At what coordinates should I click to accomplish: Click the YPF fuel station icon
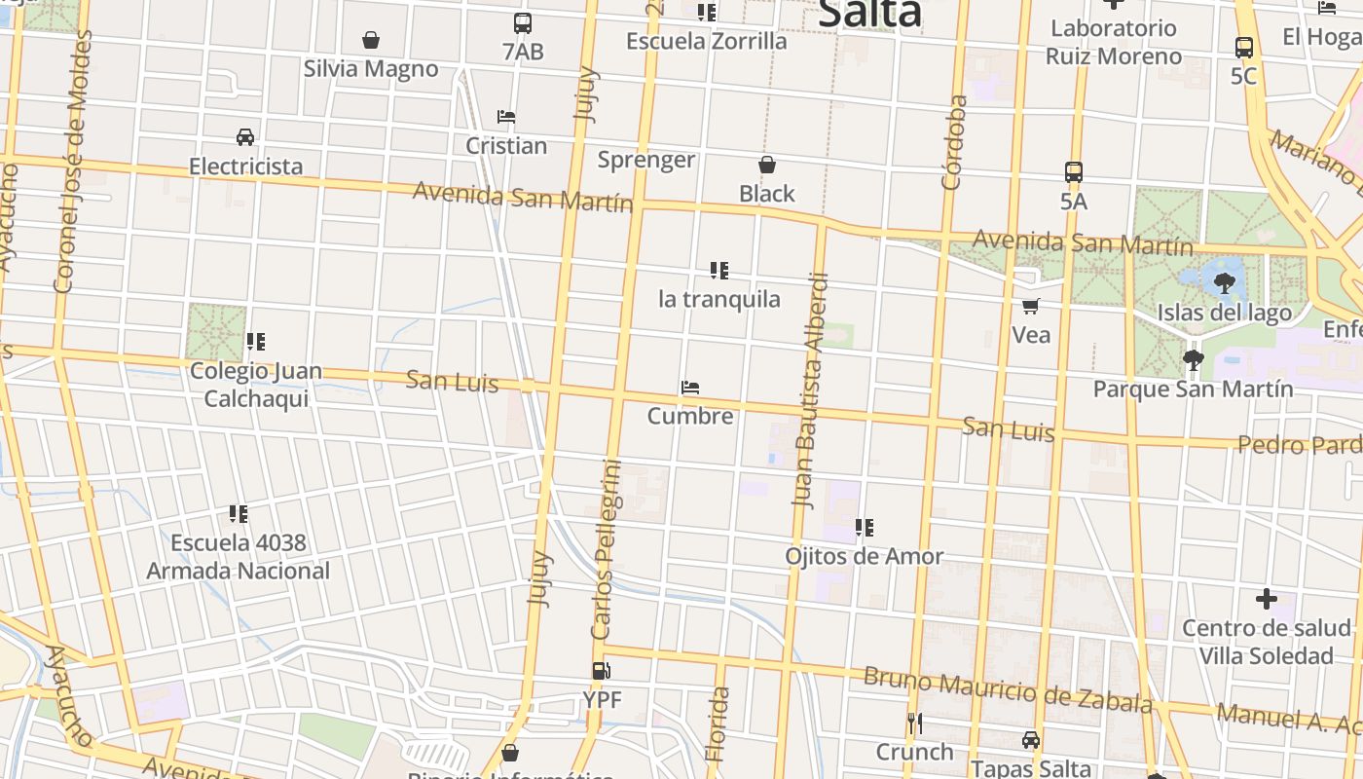click(602, 671)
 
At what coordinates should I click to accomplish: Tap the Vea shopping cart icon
click(1031, 307)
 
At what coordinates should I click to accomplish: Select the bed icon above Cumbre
click(690, 388)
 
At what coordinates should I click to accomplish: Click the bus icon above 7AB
click(523, 23)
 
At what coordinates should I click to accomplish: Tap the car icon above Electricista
click(245, 137)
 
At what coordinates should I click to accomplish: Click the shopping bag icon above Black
click(767, 166)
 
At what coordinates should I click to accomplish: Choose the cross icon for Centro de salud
click(1266, 598)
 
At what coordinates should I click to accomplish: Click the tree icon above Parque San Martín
click(1193, 360)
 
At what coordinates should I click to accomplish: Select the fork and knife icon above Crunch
click(914, 723)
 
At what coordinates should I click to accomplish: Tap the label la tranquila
click(719, 299)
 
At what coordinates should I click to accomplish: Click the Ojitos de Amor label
click(865, 556)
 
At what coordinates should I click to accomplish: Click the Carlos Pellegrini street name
click(606, 549)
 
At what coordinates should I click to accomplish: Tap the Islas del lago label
click(1224, 313)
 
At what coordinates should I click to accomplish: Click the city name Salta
click(869, 14)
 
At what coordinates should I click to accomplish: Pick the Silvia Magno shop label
click(371, 69)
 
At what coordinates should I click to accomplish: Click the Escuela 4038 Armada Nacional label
click(239, 557)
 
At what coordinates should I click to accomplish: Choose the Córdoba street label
click(954, 141)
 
